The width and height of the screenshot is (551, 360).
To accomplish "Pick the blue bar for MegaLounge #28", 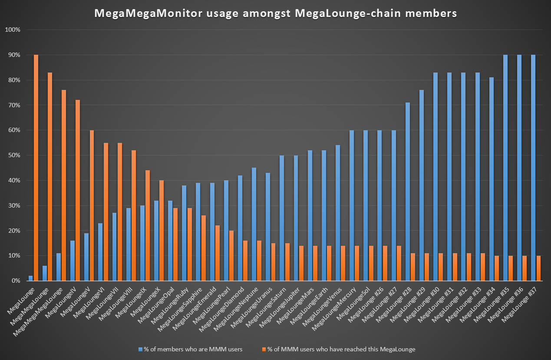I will point(407,192).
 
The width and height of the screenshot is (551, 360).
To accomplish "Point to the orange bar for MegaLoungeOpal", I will point(175,244).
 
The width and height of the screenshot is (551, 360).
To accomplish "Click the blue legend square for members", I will point(140,349).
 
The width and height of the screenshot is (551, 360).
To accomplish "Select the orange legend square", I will point(264,349).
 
